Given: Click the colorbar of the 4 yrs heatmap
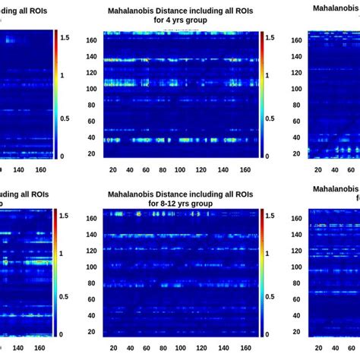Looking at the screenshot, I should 260,94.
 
